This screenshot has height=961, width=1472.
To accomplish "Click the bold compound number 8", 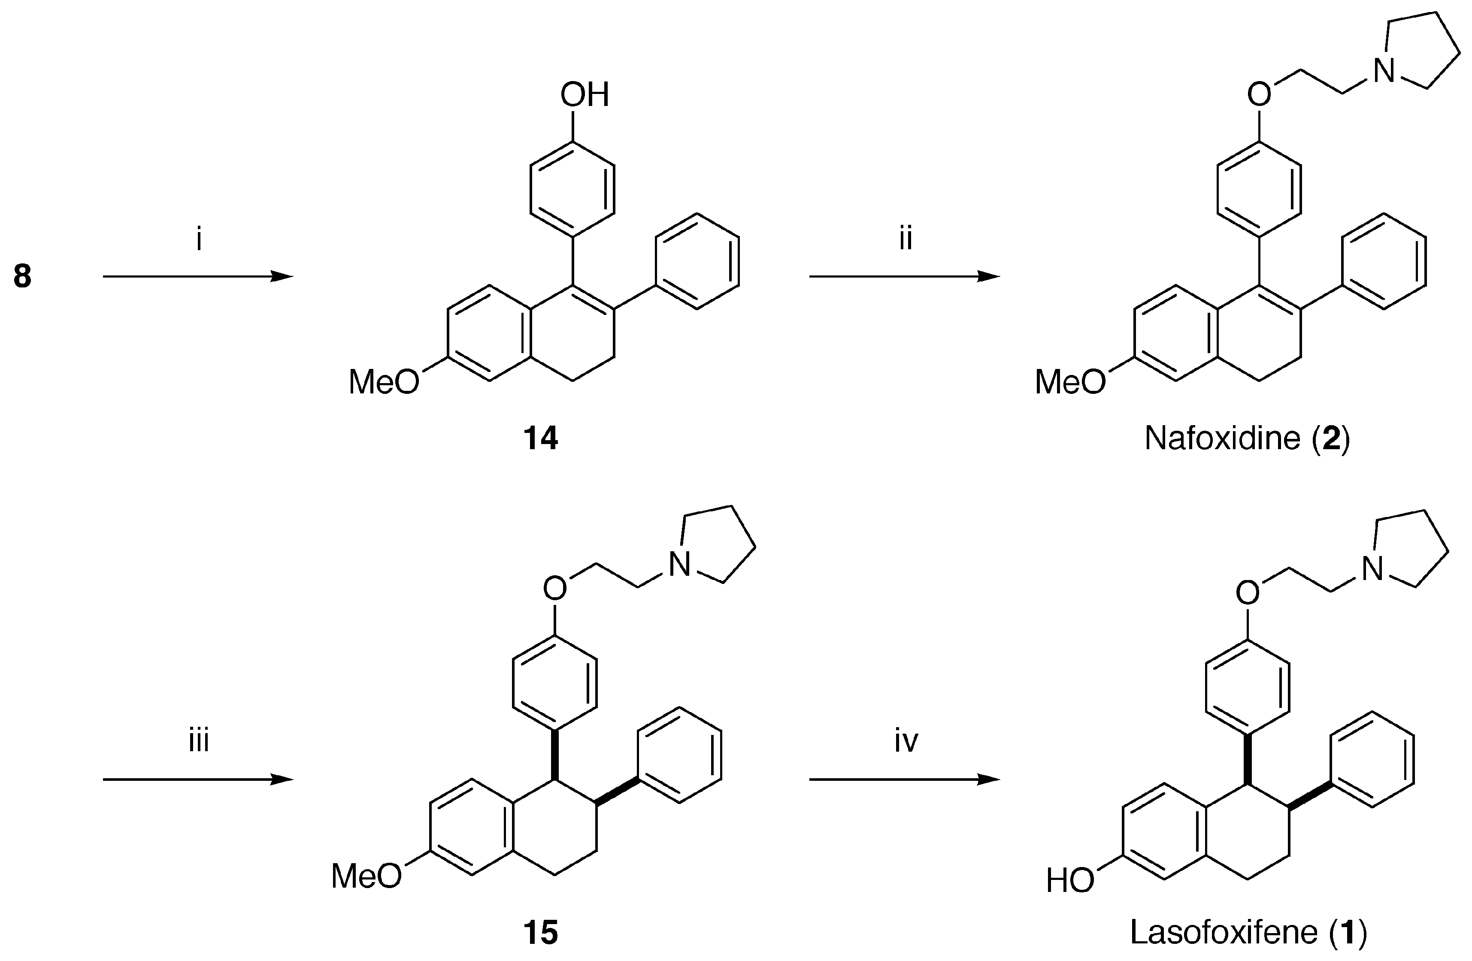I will coord(22,276).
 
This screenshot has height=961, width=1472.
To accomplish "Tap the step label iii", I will coord(199,740).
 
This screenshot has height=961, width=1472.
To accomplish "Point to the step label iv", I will coord(906,740).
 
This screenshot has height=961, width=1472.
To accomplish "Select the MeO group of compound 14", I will coord(384,381).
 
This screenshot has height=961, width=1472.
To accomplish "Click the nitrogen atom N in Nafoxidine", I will coord(1384,70).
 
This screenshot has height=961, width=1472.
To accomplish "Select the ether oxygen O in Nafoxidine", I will coord(1259,95).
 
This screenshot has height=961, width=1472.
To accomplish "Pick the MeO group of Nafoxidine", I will coord(1070,381).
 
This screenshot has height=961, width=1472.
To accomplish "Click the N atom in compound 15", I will coord(680,564).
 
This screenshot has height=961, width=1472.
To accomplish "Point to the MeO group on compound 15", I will coord(366,876).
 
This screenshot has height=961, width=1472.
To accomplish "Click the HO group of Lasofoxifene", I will coord(1070,881).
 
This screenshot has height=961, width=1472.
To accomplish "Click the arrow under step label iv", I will coord(904,780).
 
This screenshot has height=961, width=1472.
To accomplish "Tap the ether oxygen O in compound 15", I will coord(555,589).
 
